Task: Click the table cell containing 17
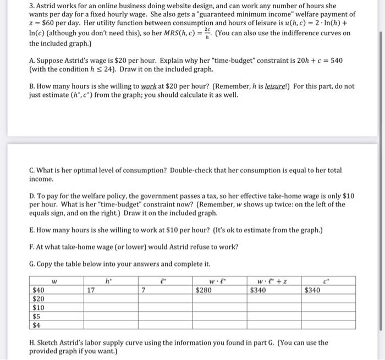111,290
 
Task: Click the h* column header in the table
111,281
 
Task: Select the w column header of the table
54,281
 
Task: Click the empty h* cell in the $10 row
111,308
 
